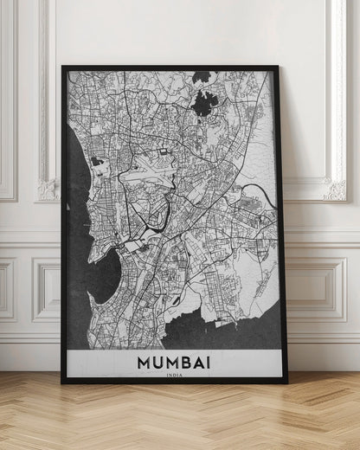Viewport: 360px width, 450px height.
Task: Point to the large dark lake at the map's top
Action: click(205, 104)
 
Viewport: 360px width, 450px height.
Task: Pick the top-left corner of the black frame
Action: click(63, 67)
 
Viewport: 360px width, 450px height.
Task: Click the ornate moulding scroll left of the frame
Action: click(47, 189)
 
